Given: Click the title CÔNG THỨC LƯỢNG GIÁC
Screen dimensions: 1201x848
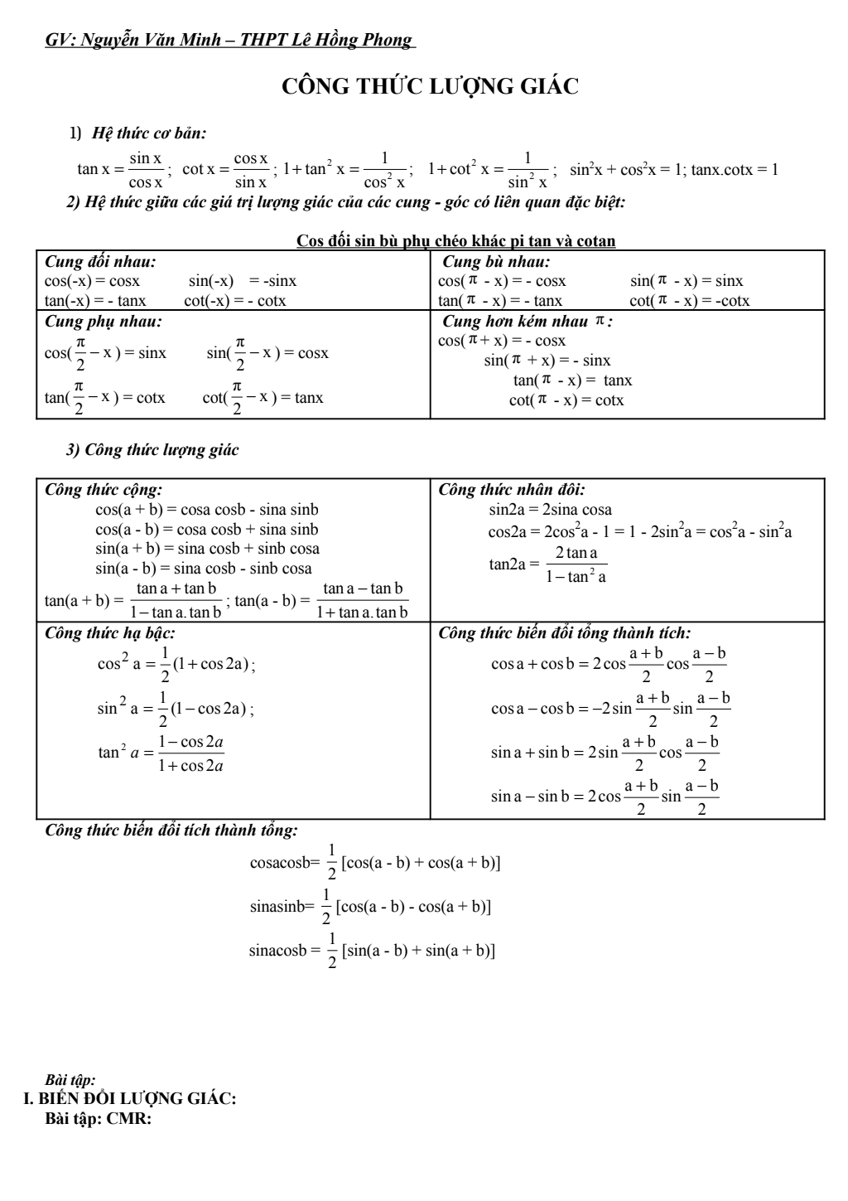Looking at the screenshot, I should click(x=430, y=87).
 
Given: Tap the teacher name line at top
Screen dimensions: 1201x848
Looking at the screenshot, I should click(x=229, y=41).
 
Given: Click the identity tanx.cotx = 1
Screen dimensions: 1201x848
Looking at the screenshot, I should click(x=735, y=170).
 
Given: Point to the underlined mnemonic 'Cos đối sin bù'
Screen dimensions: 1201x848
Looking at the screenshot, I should click(x=455, y=241).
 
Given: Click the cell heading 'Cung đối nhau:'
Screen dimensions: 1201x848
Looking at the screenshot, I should click(x=100, y=262).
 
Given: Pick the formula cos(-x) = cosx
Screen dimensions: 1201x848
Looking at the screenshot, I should click(x=92, y=281).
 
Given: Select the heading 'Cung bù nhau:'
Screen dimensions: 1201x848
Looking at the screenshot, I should click(x=497, y=262).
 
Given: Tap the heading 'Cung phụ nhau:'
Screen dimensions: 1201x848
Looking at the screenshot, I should click(x=104, y=321).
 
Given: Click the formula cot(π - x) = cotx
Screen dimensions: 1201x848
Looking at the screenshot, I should click(x=566, y=400).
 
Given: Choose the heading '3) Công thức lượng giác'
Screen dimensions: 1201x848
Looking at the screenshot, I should click(x=152, y=450).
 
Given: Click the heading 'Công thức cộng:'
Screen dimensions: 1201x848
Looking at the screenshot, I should click(x=104, y=490).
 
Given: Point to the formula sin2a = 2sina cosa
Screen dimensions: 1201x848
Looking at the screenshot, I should click(x=550, y=510).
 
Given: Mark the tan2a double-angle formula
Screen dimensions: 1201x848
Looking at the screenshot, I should click(x=547, y=564).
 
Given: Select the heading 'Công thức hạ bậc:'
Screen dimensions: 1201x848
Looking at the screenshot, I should click(x=110, y=633).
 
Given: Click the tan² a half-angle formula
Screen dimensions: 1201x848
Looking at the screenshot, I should click(x=161, y=753).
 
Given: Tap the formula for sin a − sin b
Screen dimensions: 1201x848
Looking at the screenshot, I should click(x=605, y=797).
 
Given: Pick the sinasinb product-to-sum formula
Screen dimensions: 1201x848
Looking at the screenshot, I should click(x=370, y=906).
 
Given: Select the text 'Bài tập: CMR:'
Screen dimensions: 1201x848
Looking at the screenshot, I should click(x=98, y=1119).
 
